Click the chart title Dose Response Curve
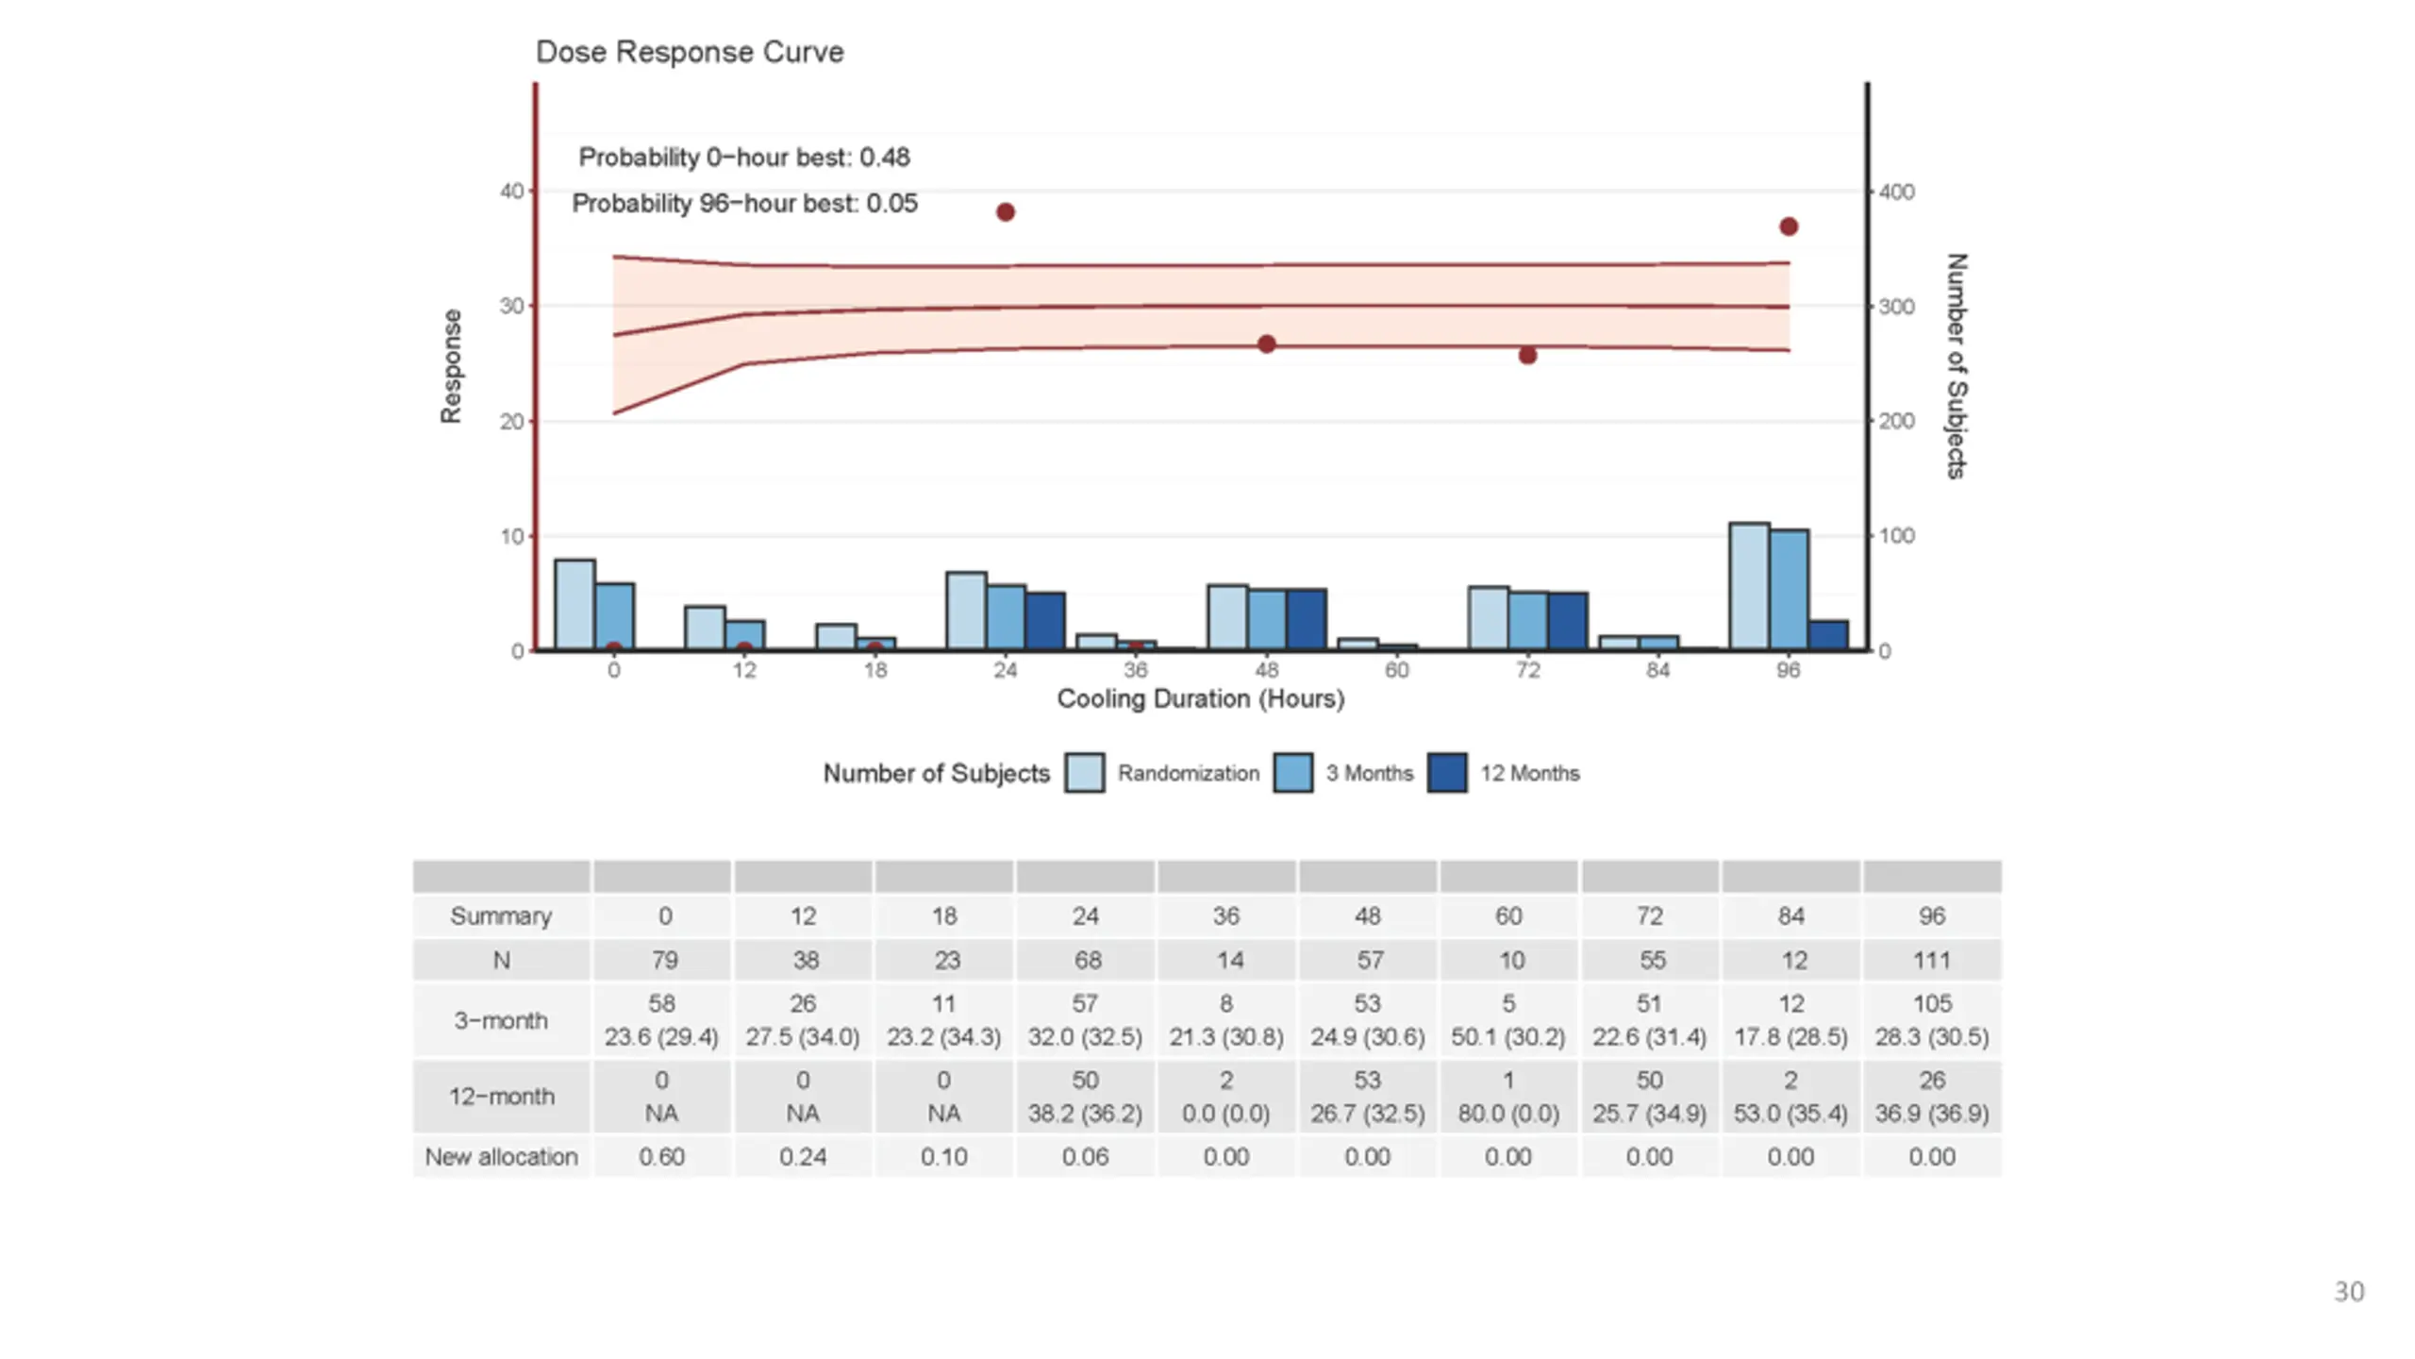point(690,52)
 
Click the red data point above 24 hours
point(1006,212)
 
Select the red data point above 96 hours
point(1789,226)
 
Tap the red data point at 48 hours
point(1267,344)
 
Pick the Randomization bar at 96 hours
point(1749,586)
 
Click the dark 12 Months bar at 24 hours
point(1045,621)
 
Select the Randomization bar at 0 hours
point(575,605)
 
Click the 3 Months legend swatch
point(1292,773)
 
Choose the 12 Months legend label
point(1529,774)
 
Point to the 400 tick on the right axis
point(1896,192)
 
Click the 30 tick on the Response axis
point(511,306)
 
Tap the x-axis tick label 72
point(1527,670)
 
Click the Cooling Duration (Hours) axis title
point(1200,699)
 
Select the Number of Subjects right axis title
point(1957,366)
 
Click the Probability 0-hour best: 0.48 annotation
point(743,158)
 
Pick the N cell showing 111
point(1931,961)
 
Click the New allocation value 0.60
point(661,1157)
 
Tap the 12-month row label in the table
point(501,1097)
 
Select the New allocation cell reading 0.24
point(803,1157)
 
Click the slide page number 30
point(2349,1292)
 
